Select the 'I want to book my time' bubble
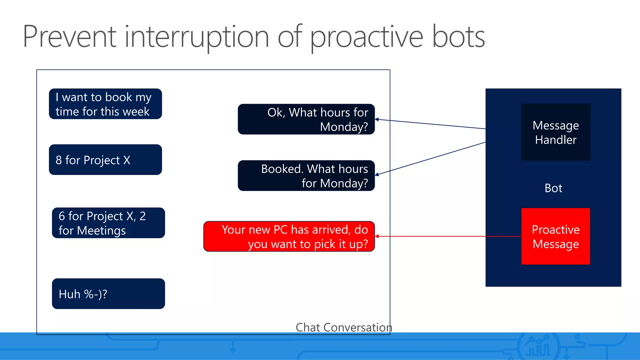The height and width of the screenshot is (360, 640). pos(105,104)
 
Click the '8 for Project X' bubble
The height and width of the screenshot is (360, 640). pos(105,160)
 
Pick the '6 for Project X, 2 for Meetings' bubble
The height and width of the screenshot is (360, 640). pos(108,223)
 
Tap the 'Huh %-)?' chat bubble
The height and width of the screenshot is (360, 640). pos(108,294)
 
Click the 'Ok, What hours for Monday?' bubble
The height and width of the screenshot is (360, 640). pos(306,119)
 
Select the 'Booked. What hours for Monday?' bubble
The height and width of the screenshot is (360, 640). pos(306,176)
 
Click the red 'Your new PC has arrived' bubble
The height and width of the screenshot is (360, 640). pos(289,237)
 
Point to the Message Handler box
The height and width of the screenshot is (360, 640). pos(555,132)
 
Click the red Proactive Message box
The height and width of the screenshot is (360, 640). pos(555,237)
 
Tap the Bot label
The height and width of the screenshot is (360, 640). pos(553,188)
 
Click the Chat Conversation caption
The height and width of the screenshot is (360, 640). pos(344,327)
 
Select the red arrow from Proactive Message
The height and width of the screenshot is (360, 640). pos(447,236)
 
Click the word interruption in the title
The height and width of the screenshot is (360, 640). pos(197,37)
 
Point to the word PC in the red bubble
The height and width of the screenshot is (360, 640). pos(280,230)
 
